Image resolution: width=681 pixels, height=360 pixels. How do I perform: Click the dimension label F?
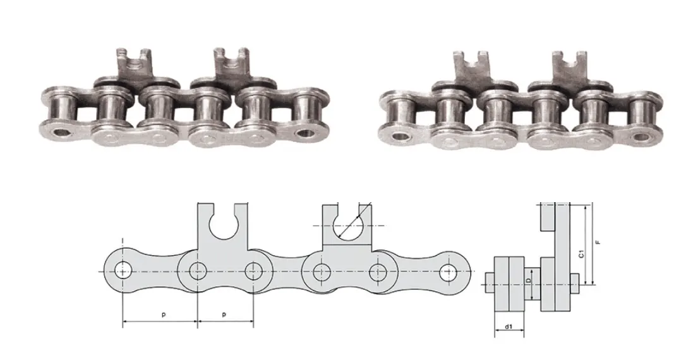pyautogui.click(x=598, y=242)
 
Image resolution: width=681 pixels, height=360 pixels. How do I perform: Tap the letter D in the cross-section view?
pyautogui.click(x=528, y=280)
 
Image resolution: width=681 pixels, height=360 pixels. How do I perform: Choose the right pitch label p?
pyautogui.click(x=224, y=314)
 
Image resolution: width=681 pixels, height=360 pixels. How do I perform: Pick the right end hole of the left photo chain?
pyautogui.click(x=306, y=133)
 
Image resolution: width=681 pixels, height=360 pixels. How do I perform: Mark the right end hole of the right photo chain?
pyautogui.click(x=641, y=136)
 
